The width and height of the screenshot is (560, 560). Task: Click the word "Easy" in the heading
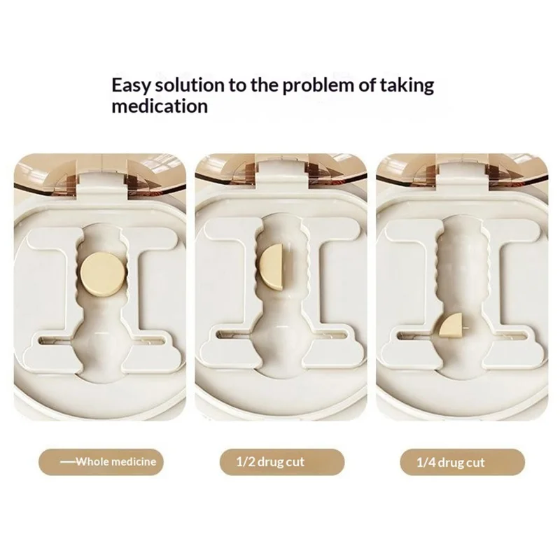point(130,85)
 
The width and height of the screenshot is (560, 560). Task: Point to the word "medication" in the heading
point(160,106)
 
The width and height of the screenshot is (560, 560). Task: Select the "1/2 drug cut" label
point(282,462)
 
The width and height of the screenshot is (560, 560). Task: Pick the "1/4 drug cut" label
point(463,462)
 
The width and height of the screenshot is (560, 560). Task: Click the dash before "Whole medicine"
point(67,461)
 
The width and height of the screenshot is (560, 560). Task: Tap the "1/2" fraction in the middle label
point(244,461)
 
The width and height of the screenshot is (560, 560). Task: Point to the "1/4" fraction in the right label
point(426,462)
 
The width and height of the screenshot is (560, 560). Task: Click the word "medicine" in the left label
point(134,461)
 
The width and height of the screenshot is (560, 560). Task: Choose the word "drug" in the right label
point(450,463)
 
